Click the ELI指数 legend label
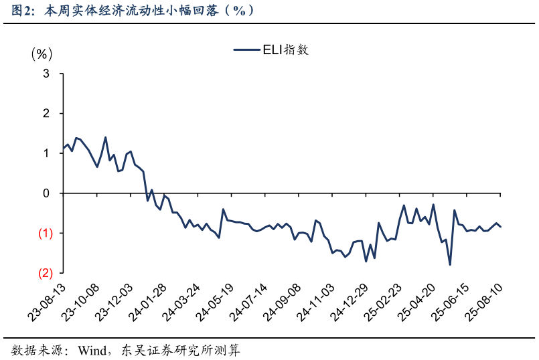click(x=287, y=50)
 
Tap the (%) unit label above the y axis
click(x=41, y=54)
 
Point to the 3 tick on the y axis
click(x=46, y=74)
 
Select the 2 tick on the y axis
click(x=46, y=114)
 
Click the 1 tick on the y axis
click(x=46, y=153)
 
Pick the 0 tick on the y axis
click(x=46, y=193)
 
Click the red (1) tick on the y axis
click(x=45, y=233)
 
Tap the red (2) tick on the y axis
click(x=45, y=273)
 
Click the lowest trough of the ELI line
click(x=450, y=265)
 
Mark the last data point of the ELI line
click(x=501, y=227)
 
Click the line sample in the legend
click(x=246, y=50)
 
